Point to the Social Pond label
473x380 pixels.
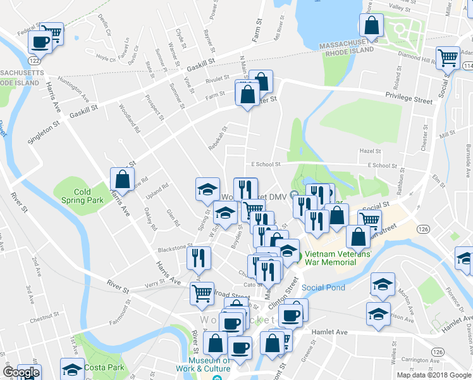(323, 288)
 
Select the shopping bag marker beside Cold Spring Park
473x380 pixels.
(121, 179)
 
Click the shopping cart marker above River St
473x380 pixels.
(202, 293)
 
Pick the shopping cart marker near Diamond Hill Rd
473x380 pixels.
(448, 58)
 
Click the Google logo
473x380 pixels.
(21, 372)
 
